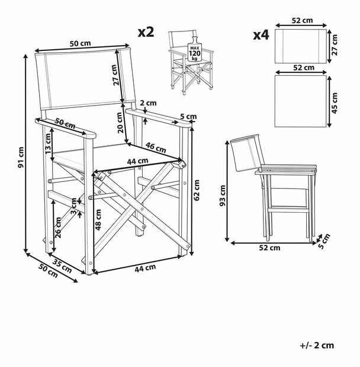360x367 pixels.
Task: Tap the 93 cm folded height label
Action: [x=223, y=194]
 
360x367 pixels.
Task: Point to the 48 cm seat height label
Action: [x=98, y=219]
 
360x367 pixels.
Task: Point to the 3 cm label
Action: [x=73, y=210]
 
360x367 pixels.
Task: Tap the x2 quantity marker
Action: [x=146, y=32]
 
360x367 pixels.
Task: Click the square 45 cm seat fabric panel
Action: [x=301, y=100]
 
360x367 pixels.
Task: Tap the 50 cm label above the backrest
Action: [x=82, y=43]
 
